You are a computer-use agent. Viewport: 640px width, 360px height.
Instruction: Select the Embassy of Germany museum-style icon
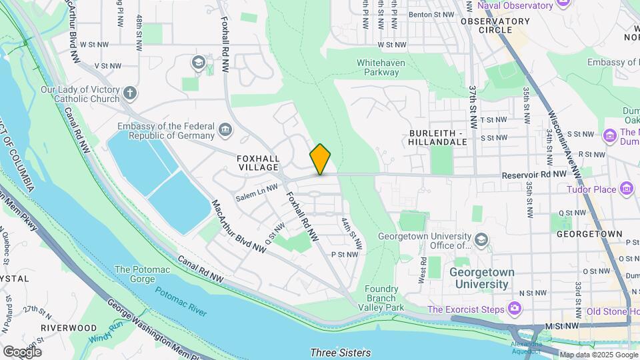tap(225, 129)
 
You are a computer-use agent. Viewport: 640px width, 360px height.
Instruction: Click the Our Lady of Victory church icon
tap(129, 93)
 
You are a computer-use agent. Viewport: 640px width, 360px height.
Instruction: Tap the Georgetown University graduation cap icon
tap(481, 239)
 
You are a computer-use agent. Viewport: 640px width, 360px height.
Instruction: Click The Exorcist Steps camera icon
tap(514, 308)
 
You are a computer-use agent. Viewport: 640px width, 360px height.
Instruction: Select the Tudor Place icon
tap(626, 189)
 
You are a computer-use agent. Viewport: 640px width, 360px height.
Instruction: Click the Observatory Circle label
tap(495, 25)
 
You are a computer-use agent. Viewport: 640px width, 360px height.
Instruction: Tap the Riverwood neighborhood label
tap(68, 327)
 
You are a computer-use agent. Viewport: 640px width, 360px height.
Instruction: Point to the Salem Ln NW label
tap(256, 193)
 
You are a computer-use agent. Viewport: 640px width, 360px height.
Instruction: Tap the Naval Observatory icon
tap(562, 4)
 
